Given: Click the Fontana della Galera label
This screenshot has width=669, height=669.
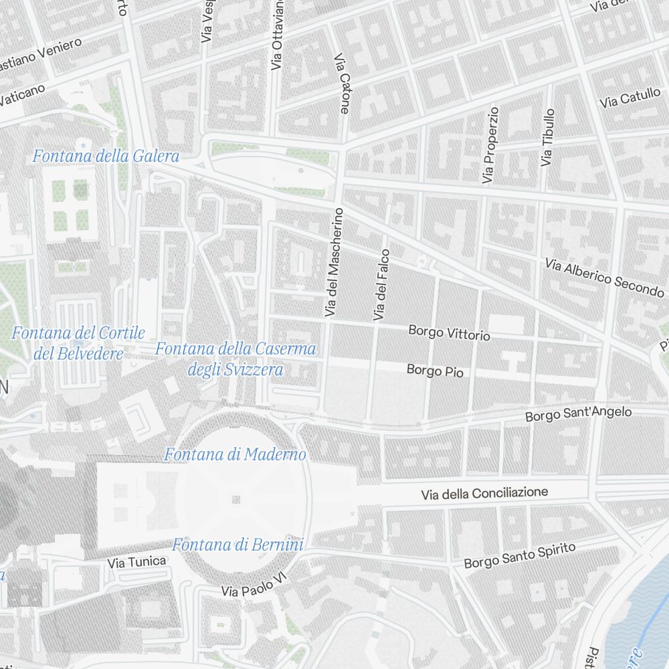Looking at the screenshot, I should click(x=106, y=157).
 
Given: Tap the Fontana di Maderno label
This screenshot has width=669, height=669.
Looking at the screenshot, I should click(x=235, y=455).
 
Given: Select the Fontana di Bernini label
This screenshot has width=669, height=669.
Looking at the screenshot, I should click(x=238, y=545).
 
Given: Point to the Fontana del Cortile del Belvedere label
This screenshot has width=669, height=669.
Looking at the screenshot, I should click(x=78, y=343).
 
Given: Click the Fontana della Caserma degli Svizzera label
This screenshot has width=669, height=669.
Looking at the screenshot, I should click(x=235, y=359).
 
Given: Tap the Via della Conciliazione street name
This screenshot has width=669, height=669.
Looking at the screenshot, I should click(x=484, y=494).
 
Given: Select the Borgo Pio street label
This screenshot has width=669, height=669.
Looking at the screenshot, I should click(x=435, y=370).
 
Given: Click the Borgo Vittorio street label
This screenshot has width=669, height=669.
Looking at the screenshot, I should click(x=449, y=332).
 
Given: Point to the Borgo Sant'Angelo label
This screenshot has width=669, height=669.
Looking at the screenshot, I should click(x=578, y=414).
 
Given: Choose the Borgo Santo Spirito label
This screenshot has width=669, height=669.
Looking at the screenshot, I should click(x=520, y=556).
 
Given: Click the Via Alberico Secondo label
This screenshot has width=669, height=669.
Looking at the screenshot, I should click(x=604, y=278).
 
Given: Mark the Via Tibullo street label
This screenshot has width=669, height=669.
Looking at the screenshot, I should click(x=548, y=138).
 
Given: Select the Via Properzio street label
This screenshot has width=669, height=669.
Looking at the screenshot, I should click(x=490, y=145).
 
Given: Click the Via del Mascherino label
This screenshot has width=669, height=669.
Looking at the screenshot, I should click(x=334, y=262).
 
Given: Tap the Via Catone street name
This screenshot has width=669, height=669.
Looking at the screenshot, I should click(x=342, y=84).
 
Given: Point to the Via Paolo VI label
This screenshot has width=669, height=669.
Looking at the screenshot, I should click(x=258, y=586).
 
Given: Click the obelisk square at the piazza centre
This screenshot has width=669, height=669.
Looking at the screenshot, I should click(x=235, y=499).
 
